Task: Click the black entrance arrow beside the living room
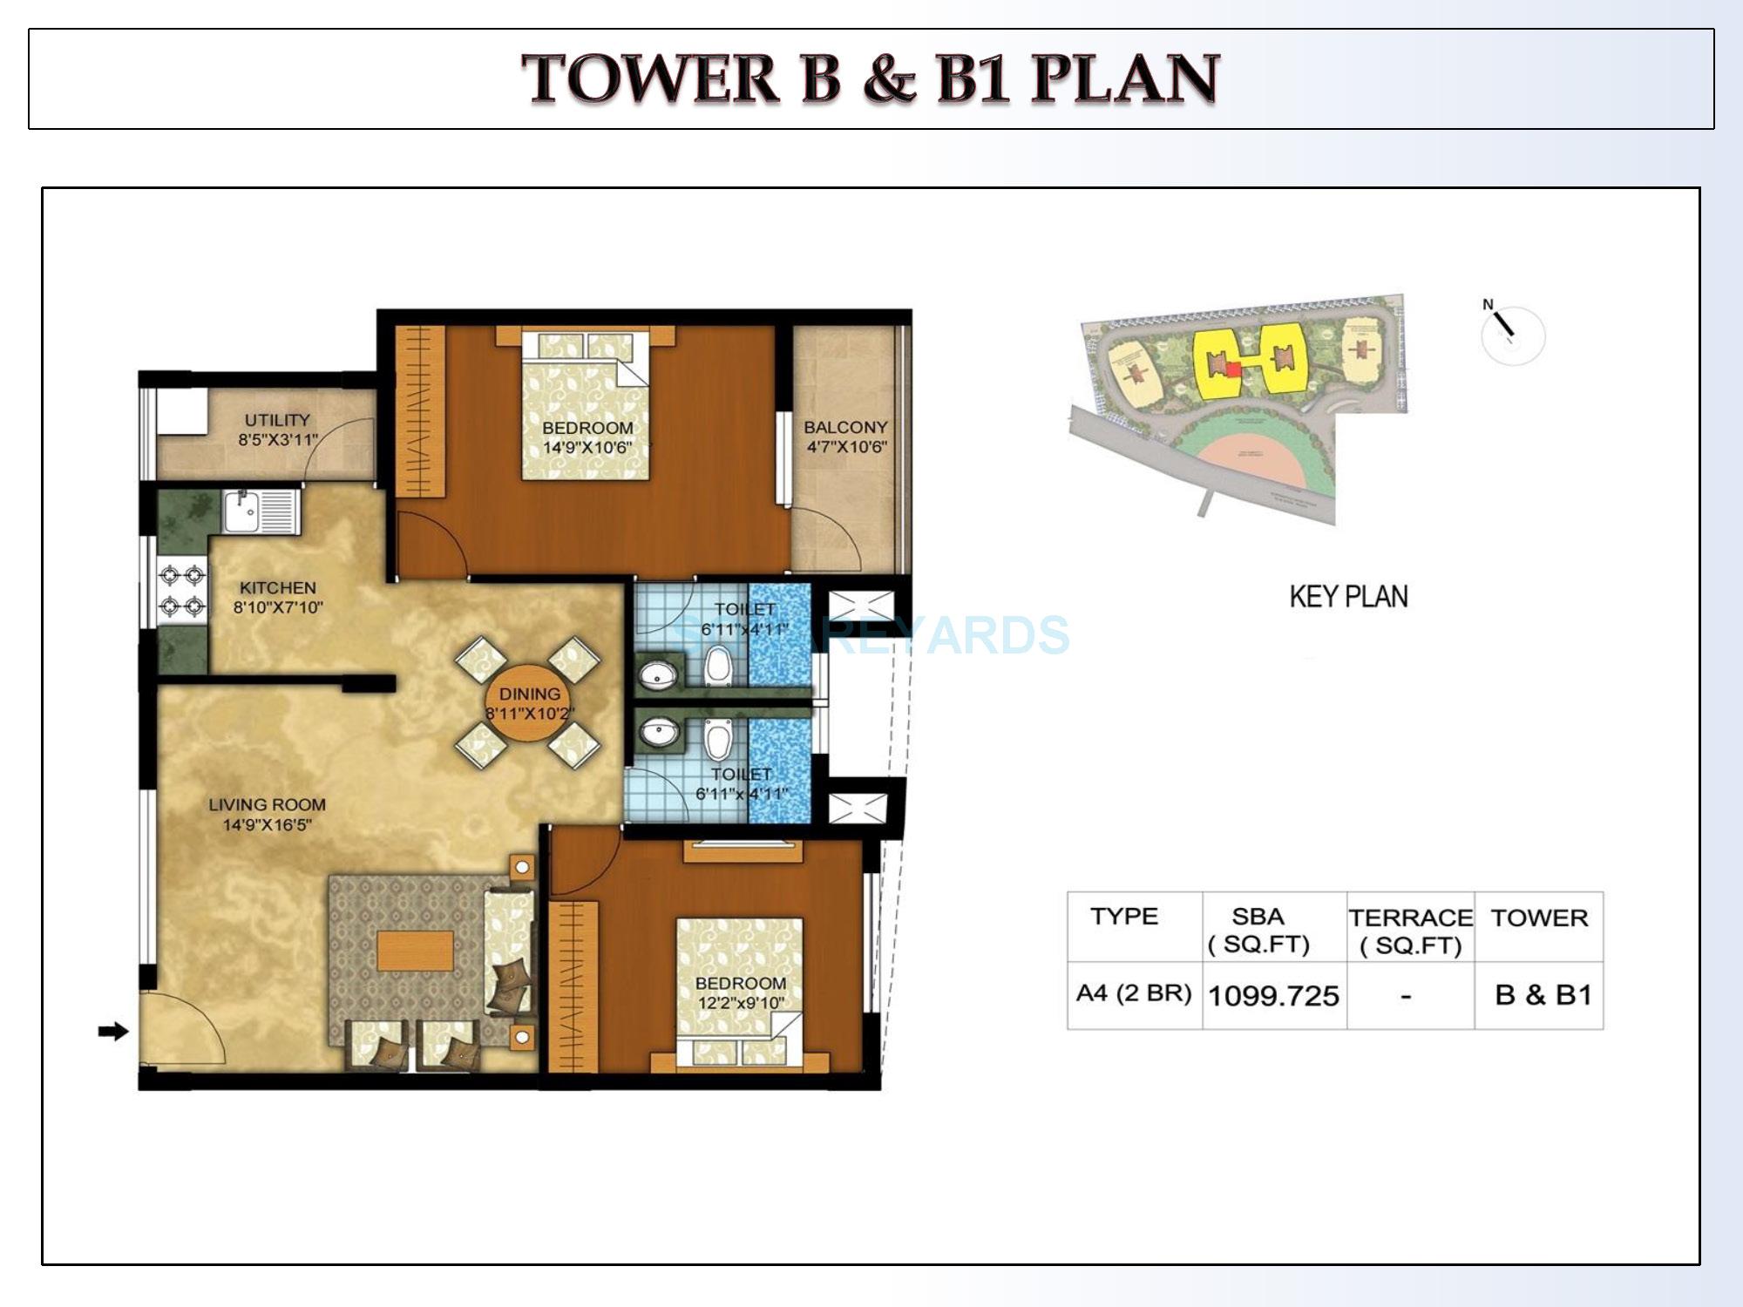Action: (x=112, y=1032)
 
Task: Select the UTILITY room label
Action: (x=277, y=420)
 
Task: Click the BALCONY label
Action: (x=844, y=428)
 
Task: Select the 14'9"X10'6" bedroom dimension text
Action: (x=587, y=448)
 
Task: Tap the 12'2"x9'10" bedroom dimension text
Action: (x=740, y=1003)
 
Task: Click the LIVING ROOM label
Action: (x=267, y=805)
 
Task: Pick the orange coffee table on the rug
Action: (x=415, y=951)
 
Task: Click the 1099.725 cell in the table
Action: (x=1273, y=996)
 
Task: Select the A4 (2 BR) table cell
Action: (x=1133, y=993)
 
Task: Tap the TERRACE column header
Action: (x=1410, y=918)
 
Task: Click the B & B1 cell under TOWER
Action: (x=1543, y=995)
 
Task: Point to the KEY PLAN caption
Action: (x=1348, y=597)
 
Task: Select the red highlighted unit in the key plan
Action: (x=1232, y=369)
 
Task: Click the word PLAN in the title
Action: (x=1124, y=79)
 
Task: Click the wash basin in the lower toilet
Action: (x=660, y=731)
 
